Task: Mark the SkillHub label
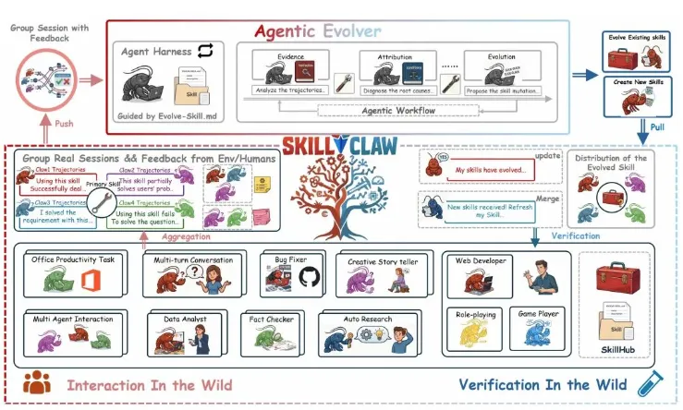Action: pos(615,350)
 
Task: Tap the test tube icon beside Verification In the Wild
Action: pos(649,383)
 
